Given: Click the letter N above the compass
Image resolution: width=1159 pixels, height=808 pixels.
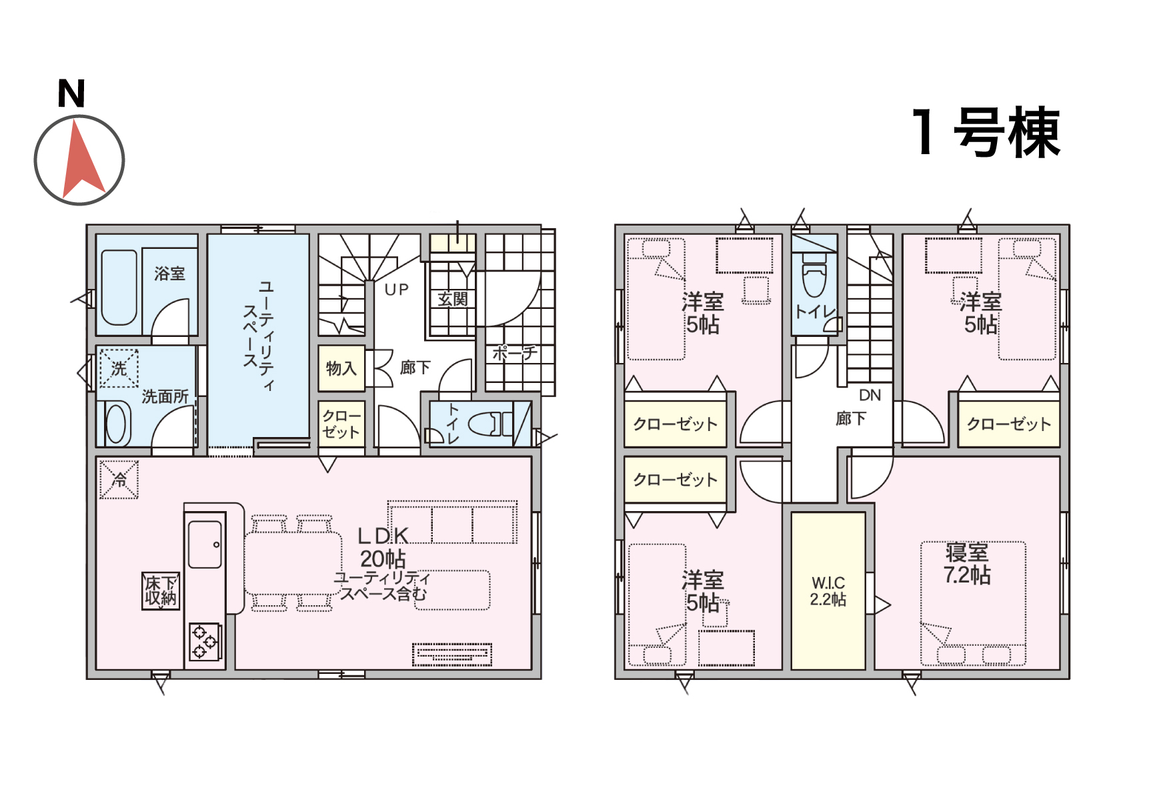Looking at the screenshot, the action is [x=71, y=93].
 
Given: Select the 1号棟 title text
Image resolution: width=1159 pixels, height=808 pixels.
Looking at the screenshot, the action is [x=986, y=132].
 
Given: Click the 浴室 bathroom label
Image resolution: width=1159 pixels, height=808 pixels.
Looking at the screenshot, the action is [x=169, y=274].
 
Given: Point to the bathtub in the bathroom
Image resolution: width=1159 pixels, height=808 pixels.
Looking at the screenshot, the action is [x=119, y=288].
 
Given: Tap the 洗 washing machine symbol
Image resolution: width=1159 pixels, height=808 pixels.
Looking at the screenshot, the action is [x=119, y=368].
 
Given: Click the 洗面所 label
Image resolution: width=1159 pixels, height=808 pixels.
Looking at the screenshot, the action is [x=165, y=397].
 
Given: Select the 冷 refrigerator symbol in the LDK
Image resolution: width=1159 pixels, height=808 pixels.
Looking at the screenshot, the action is [x=119, y=479].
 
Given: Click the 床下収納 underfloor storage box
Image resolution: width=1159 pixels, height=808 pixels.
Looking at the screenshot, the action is [x=161, y=590].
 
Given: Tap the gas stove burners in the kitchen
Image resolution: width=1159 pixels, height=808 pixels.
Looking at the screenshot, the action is [x=205, y=642].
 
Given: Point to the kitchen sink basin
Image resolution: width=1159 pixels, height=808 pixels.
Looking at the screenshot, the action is [x=205, y=544].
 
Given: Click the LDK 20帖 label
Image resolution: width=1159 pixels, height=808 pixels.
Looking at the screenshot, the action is [x=383, y=547].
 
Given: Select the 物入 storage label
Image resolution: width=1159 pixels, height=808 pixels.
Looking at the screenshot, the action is [x=341, y=368].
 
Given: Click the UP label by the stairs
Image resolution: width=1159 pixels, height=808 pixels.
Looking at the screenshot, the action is [x=397, y=290].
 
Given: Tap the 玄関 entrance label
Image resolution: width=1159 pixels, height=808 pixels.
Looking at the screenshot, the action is [x=453, y=300].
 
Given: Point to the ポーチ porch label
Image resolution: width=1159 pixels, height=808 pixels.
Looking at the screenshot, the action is [x=514, y=353].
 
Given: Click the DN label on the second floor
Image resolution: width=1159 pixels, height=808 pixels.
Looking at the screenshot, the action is [x=870, y=395].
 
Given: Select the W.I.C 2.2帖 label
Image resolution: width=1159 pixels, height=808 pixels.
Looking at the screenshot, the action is [x=828, y=591].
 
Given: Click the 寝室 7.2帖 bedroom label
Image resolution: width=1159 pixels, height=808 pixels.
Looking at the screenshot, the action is [x=967, y=564].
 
